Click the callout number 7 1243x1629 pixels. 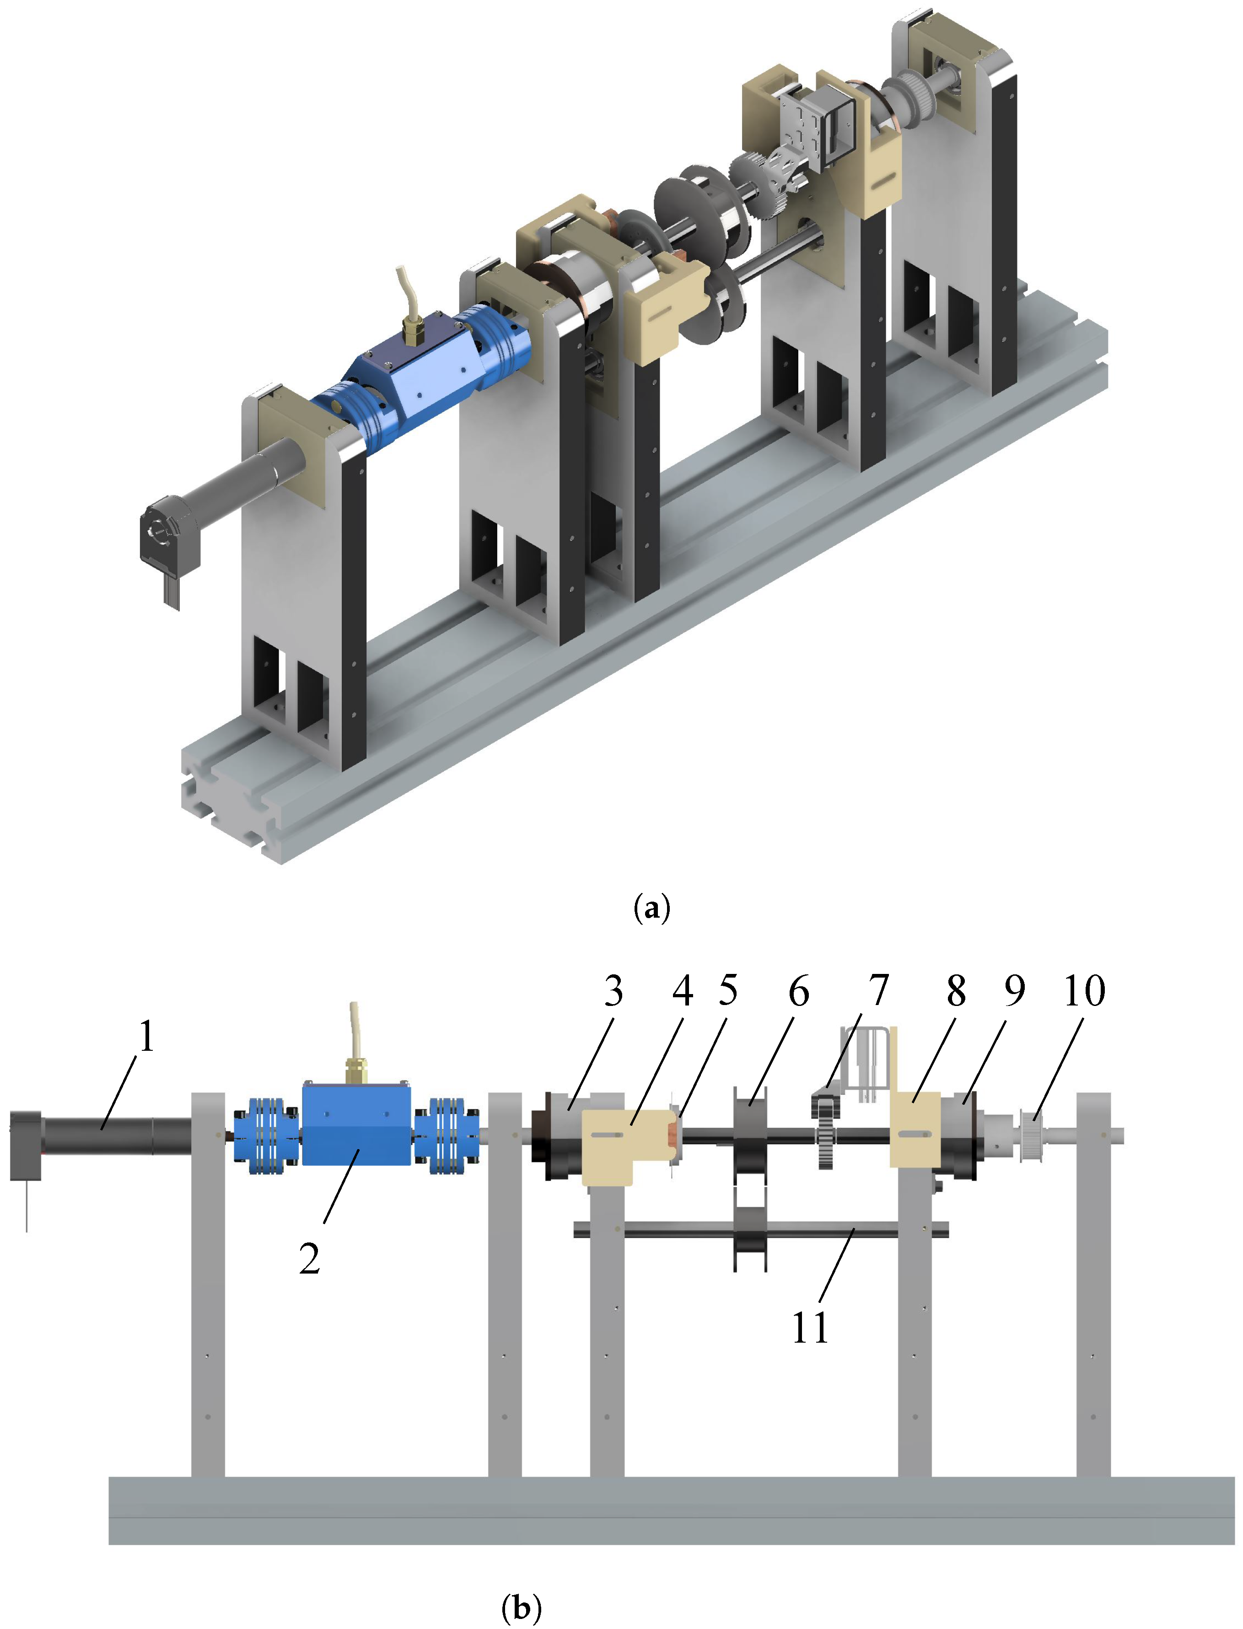pos(878,990)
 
